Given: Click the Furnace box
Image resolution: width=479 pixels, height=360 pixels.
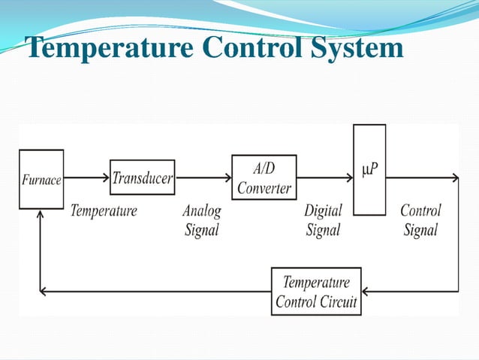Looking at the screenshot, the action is click(x=41, y=179).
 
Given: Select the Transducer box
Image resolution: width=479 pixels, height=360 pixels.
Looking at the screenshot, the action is click(x=143, y=178).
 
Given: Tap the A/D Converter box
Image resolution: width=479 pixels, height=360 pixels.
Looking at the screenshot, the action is click(x=264, y=178).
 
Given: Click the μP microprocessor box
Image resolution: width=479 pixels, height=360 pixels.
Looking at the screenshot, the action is click(x=369, y=171).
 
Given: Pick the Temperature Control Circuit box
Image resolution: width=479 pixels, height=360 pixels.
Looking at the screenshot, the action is click(x=316, y=292).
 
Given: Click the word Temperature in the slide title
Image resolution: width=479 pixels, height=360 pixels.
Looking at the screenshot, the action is click(x=98, y=47).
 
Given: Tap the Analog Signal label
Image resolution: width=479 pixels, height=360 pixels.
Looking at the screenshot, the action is click(x=201, y=219).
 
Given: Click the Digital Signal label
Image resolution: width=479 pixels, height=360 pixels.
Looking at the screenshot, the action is click(x=323, y=219).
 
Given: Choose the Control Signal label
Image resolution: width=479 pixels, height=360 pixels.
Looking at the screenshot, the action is click(x=420, y=219).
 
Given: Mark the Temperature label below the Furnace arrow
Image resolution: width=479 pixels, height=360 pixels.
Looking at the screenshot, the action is click(x=104, y=210).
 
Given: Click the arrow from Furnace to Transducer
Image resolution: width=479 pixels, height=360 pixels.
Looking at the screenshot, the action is click(x=86, y=178).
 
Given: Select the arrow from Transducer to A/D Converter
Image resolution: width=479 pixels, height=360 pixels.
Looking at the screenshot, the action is click(x=203, y=178).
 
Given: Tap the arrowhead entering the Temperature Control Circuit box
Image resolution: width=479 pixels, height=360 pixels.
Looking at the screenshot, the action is click(x=366, y=292).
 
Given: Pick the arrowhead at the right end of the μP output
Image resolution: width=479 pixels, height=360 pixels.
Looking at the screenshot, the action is click(x=455, y=178).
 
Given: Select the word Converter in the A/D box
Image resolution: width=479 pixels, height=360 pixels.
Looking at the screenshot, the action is click(x=264, y=187).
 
